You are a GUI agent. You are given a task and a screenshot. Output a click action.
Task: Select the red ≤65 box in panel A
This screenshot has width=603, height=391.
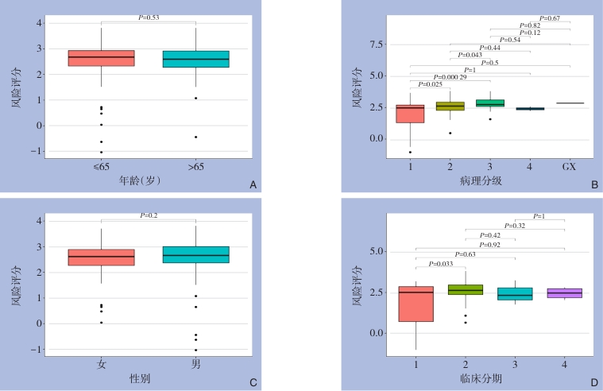click(x=101, y=58)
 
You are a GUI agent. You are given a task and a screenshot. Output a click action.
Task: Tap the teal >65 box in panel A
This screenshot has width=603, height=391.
click(x=195, y=59)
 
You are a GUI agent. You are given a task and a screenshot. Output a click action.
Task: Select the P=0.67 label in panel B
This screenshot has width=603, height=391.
click(x=549, y=18)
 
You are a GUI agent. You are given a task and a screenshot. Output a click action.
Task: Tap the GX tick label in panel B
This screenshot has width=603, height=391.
click(x=570, y=167)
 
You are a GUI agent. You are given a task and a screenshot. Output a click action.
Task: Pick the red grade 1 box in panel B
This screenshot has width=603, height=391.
click(x=410, y=114)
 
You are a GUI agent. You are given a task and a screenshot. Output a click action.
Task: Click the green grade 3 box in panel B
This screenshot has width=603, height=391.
click(x=489, y=103)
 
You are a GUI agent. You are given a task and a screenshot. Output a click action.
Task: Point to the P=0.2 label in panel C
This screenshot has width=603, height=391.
click(x=149, y=215)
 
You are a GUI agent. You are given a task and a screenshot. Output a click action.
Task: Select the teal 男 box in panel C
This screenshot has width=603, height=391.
click(x=195, y=254)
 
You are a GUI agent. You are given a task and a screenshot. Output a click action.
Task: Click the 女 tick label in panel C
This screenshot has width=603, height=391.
click(x=102, y=363)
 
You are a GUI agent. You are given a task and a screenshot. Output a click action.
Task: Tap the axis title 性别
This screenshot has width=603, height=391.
click(x=140, y=378)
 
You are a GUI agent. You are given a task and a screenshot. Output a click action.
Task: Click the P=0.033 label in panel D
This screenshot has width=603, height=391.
click(x=440, y=263)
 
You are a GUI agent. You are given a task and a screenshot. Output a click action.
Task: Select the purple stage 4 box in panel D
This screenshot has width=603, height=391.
click(x=564, y=293)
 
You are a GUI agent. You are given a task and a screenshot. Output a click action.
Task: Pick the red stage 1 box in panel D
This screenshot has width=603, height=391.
click(x=416, y=304)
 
